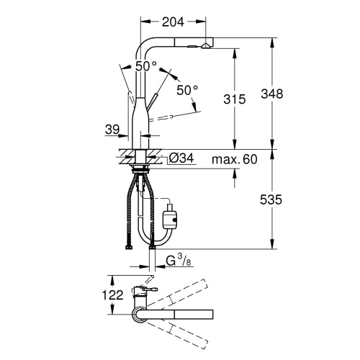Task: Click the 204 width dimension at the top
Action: [173, 22]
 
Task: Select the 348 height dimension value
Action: [272, 94]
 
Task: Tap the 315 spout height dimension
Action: [235, 99]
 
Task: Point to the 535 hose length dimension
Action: [271, 199]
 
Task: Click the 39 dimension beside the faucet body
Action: [112, 130]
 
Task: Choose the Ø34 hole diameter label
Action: [181, 158]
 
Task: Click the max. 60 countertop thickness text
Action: [235, 159]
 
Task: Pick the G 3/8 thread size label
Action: [179, 261]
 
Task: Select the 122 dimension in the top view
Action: [112, 294]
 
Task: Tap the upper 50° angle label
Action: [146, 66]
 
